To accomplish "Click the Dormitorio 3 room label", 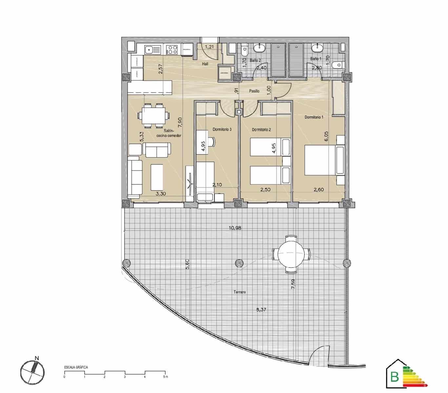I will [x=222, y=129].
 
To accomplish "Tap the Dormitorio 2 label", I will [x=261, y=130].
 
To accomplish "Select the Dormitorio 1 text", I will [x=314, y=117].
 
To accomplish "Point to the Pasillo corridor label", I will [x=254, y=91].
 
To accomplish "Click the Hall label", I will [x=205, y=64].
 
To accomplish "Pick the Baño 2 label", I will [x=255, y=61].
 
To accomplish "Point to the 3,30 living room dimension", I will [x=161, y=194].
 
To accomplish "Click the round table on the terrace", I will [x=291, y=254].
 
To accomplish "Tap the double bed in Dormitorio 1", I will [x=320, y=160].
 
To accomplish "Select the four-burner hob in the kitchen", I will [x=172, y=50].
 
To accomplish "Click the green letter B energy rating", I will [x=395, y=377].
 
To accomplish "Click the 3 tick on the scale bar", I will [x=125, y=377].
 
